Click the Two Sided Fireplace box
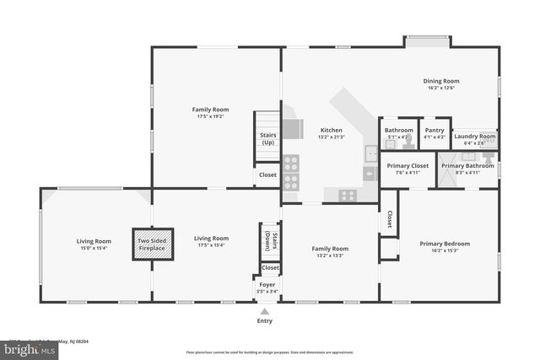pyautogui.click(x=152, y=242)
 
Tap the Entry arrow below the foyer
pyautogui.click(x=264, y=311)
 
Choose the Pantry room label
pyautogui.click(x=434, y=130)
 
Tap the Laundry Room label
pyautogui.click(x=475, y=136)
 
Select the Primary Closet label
pyautogui.click(x=408, y=165)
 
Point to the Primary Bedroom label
pyautogui.click(x=445, y=244)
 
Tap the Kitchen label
pyautogui.click(x=331, y=130)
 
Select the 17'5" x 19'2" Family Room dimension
pyautogui.click(x=211, y=116)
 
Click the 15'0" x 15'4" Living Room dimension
pyautogui.click(x=94, y=248)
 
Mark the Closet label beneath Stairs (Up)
pyautogui.click(x=267, y=175)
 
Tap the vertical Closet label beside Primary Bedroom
pyautogui.click(x=389, y=219)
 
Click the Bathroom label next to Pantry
pyautogui.click(x=399, y=130)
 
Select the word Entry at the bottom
pyautogui.click(x=264, y=321)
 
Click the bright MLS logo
pyautogui.click(x=19, y=347)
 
